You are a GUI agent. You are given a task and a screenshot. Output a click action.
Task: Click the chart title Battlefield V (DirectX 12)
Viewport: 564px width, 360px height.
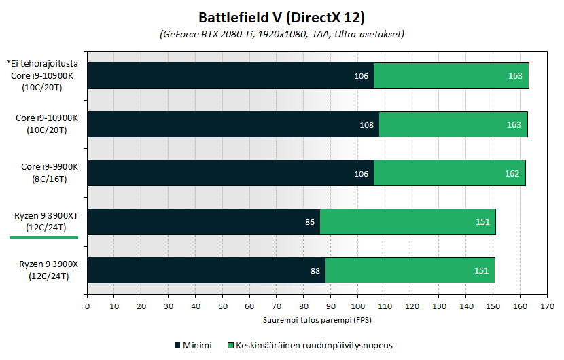pyautogui.click(x=281, y=16)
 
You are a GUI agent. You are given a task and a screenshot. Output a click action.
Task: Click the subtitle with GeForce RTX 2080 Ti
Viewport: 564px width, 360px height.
pyautogui.click(x=282, y=34)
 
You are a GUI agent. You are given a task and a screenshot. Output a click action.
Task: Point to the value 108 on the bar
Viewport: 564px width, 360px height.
pyautogui.click(x=366, y=125)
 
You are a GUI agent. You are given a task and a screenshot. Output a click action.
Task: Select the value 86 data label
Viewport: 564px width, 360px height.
pyautogui.click(x=310, y=222)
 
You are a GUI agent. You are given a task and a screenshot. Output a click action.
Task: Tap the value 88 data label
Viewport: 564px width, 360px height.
pyautogui.click(x=315, y=271)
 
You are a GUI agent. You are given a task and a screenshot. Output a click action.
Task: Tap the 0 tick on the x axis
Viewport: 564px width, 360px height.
pyautogui.click(x=87, y=307)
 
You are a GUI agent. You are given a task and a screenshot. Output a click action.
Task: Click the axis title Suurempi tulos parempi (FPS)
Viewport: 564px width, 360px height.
pyautogui.click(x=317, y=319)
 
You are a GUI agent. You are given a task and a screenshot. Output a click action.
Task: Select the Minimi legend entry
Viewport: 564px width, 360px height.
pyautogui.click(x=193, y=346)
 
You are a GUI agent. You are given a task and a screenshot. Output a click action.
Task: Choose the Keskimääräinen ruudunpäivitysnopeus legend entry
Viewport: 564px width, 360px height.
pyautogui.click(x=312, y=346)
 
